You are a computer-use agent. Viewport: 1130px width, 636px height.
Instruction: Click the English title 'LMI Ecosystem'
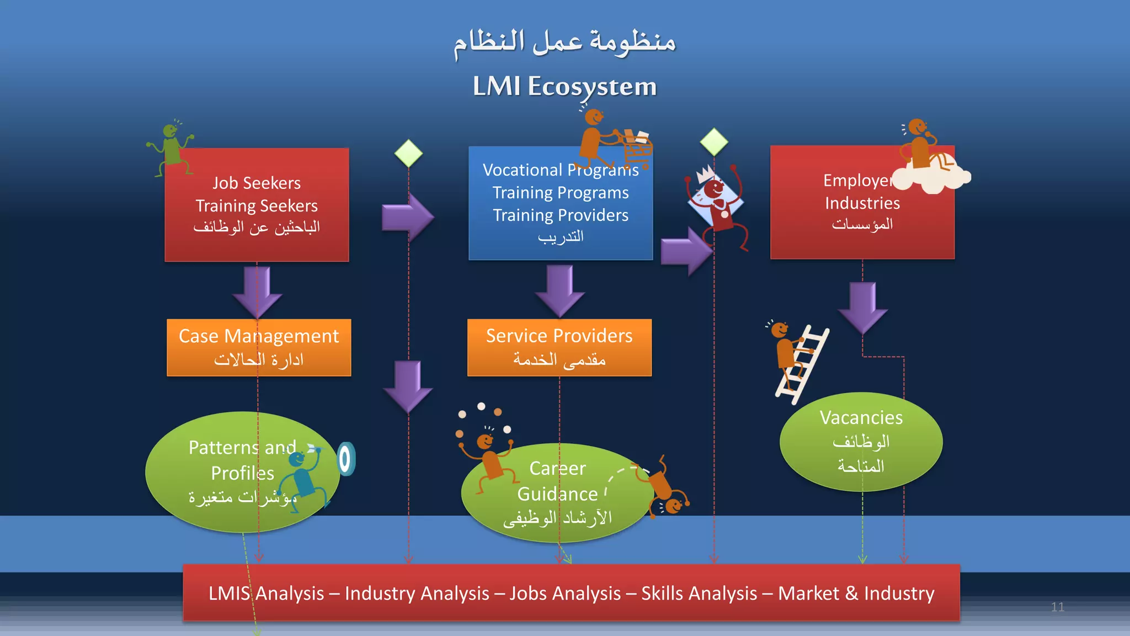564,87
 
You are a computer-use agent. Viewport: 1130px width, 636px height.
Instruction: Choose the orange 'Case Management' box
259,347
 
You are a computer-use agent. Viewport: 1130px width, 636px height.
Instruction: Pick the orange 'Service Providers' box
559,347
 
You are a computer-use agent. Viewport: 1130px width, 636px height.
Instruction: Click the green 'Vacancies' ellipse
861,441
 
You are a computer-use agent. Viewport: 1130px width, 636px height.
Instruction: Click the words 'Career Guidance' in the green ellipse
557,481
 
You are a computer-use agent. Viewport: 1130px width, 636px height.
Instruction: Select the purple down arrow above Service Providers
559,289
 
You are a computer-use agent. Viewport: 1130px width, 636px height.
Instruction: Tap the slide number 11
1057,607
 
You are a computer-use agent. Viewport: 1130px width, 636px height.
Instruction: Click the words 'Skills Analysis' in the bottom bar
699,593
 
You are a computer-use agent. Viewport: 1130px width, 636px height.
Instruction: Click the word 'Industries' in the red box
862,203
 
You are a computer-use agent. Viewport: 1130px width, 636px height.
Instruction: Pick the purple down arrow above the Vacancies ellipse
862,306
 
